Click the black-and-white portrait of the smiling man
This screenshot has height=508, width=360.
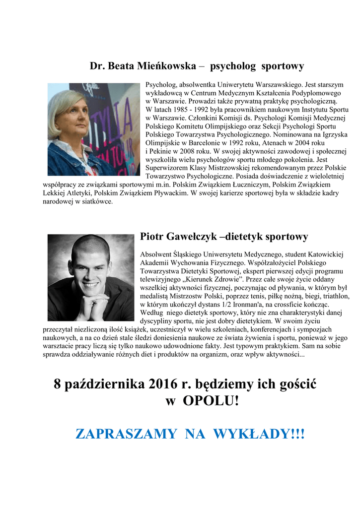[x=91, y=277]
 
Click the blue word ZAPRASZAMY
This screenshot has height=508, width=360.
[x=126, y=435]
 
